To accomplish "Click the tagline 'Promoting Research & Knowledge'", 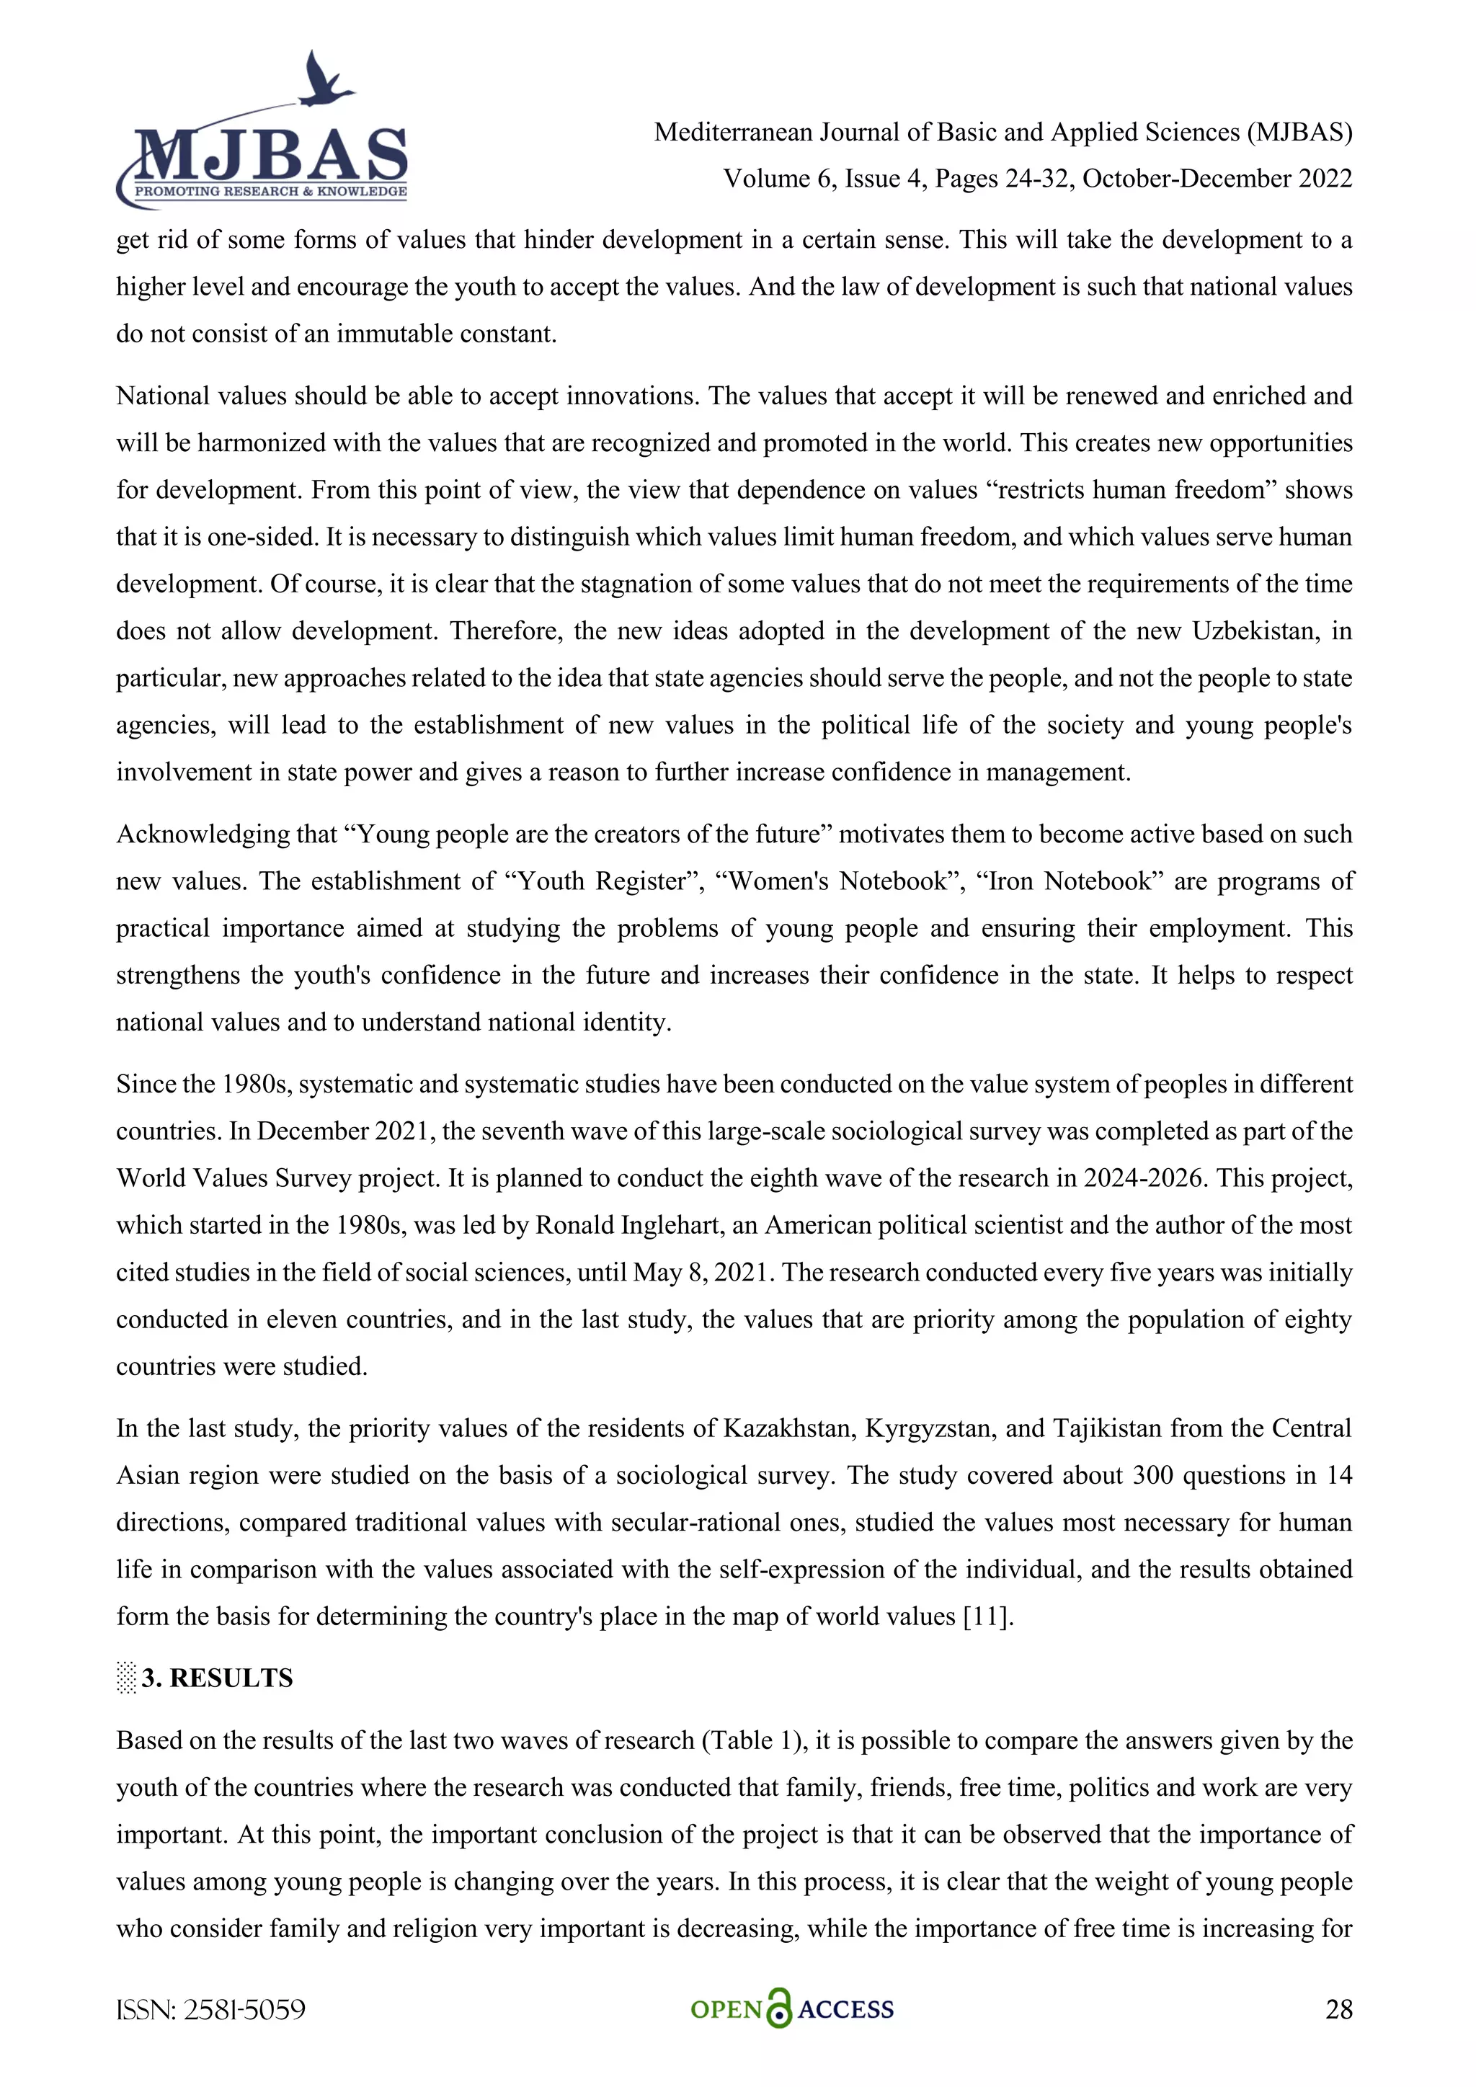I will (270, 191).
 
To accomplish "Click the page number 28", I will (1338, 2010).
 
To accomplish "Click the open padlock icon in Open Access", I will (779, 2009).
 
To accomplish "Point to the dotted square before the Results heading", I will (126, 1678).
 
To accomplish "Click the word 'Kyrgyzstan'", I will (927, 1428).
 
